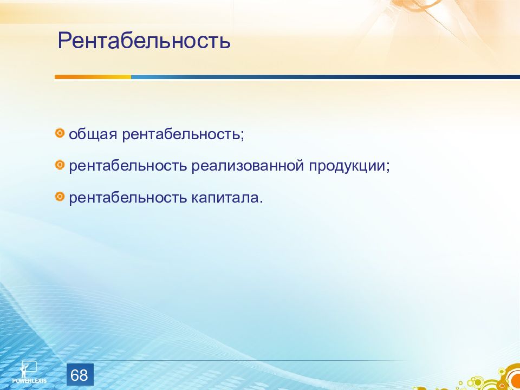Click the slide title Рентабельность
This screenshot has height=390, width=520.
(144, 41)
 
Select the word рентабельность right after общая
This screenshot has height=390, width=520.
(181, 134)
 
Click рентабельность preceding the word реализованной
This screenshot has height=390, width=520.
(128, 166)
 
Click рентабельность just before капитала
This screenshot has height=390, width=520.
(128, 198)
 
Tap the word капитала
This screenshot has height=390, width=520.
(225, 198)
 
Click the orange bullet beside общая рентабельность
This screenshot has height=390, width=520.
(60, 133)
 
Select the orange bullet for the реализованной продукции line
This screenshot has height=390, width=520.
(60, 165)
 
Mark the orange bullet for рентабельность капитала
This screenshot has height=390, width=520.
(60, 197)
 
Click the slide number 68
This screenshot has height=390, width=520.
(80, 375)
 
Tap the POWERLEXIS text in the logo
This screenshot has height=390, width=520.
(29, 381)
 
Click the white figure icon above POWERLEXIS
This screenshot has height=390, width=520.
(29, 369)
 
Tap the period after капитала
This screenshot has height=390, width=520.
(261, 203)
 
